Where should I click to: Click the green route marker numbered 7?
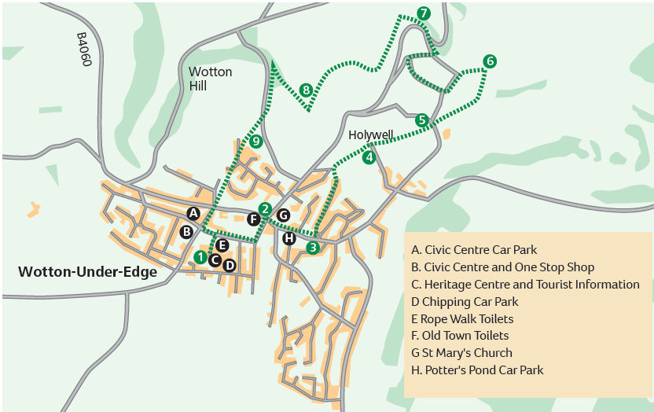[424, 13]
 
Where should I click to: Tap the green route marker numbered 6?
[490, 61]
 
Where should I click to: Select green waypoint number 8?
[306, 90]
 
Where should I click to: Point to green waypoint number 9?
[256, 142]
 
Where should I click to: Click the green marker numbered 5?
[422, 120]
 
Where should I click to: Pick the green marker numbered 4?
[369, 156]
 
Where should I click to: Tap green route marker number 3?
[313, 248]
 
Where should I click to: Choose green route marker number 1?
[200, 257]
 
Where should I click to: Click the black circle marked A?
[193, 213]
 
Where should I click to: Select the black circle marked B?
[186, 232]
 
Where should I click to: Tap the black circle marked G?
[283, 215]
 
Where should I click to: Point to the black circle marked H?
[289, 238]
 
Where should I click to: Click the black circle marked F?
[253, 219]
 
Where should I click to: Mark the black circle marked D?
[229, 265]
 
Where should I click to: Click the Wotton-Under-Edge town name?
[87, 272]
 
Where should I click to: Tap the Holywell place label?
[370, 135]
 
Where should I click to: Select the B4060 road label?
[84, 49]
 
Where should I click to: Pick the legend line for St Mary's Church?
[461, 353]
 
